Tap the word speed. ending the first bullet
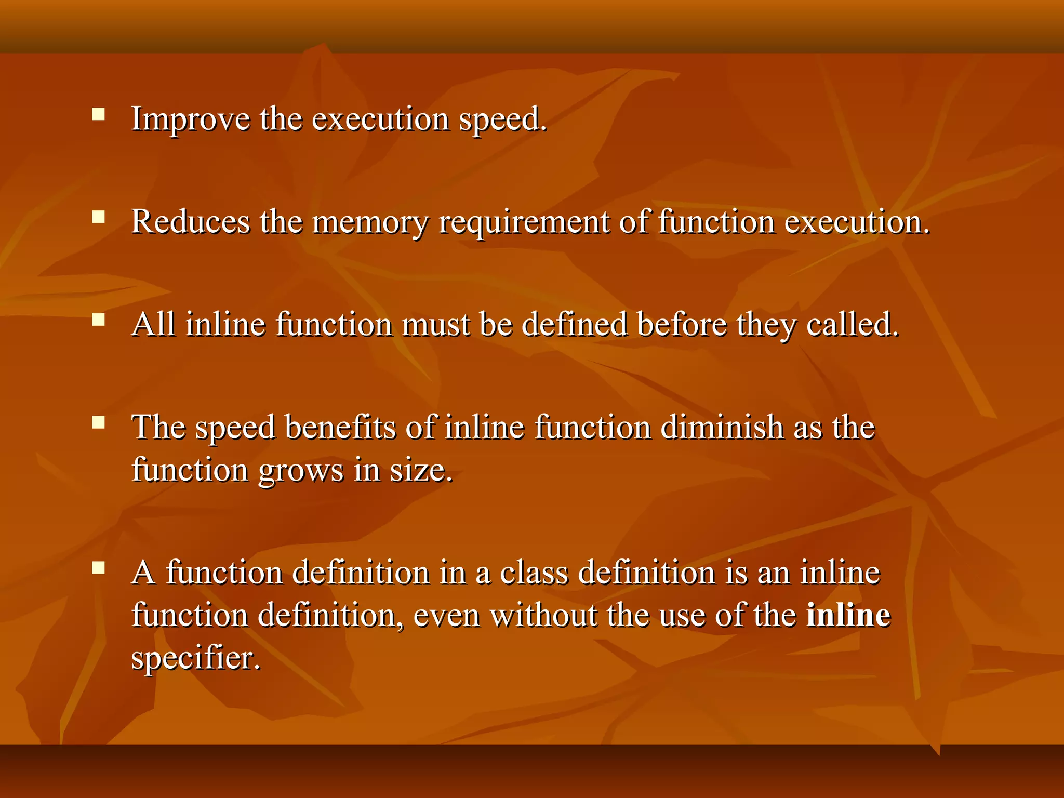click(x=502, y=119)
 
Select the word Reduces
click(x=190, y=222)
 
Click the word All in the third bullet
click(x=153, y=325)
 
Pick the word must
click(x=435, y=325)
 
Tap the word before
click(x=682, y=325)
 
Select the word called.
click(x=852, y=325)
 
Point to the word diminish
click(x=722, y=428)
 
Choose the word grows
click(x=301, y=471)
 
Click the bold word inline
click(x=848, y=616)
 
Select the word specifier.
click(x=195, y=659)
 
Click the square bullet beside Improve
click(x=98, y=114)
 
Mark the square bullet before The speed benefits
click(x=98, y=422)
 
